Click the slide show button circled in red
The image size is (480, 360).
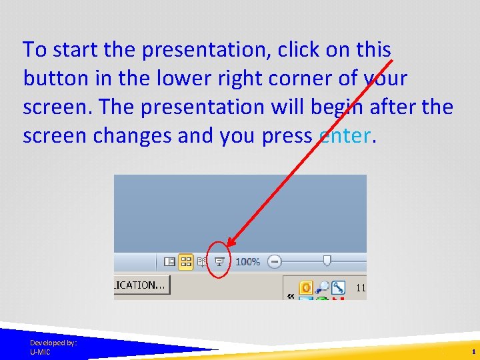pos(219,262)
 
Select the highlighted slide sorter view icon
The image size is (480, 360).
pos(186,262)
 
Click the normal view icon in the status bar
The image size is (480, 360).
pos(170,262)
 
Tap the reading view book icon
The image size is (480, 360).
pos(203,262)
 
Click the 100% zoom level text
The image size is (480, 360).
pos(247,262)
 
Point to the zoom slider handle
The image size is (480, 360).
pos(327,261)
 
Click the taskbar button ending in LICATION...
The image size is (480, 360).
pos(141,285)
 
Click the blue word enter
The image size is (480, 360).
pos(344,136)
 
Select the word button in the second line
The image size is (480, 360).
pos(54,79)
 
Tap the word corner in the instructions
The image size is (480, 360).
pos(296,79)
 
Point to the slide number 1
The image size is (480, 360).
pos(473,351)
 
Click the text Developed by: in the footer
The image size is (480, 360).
pos(53,342)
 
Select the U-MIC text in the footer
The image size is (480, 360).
pos(40,351)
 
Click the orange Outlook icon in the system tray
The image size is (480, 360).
pos(306,287)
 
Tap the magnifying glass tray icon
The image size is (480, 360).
pos(322,287)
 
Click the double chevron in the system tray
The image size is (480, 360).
pos(291,295)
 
